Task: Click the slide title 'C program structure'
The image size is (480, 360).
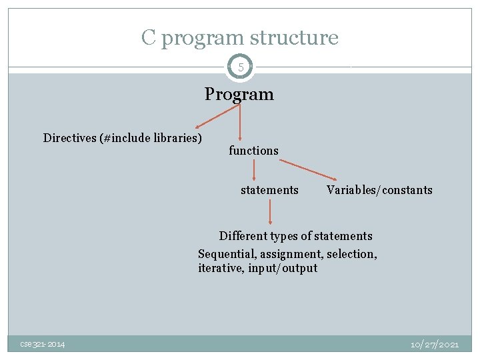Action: coord(239,38)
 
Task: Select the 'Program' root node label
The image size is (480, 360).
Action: coord(239,94)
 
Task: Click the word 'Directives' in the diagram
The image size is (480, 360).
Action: coord(69,138)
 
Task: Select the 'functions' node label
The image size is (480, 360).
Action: coord(253,151)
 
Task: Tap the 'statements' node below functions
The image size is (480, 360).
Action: coord(269,190)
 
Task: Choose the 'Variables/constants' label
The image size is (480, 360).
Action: coord(379,190)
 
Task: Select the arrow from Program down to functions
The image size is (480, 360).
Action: coord(240,123)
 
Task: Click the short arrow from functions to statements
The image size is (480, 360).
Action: coord(254,170)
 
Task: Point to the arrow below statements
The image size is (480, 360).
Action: coord(270,213)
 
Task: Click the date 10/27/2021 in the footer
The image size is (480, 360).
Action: coord(435,344)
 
